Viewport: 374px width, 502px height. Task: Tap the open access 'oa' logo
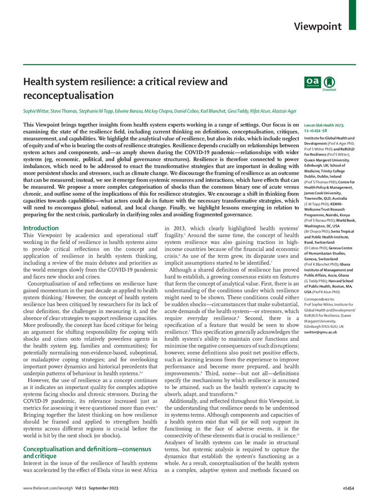coord(312,82)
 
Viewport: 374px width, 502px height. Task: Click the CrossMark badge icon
coord(329,82)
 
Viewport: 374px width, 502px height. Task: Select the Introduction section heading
coord(42,228)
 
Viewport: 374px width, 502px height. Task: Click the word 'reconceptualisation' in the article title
coord(68,95)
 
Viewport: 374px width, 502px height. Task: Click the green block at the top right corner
coord(353,14)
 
